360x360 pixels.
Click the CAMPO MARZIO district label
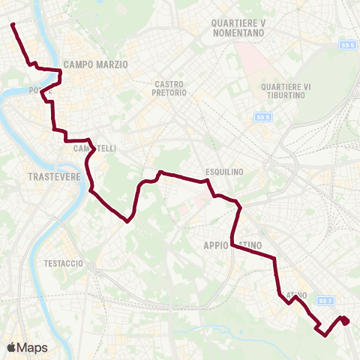click(x=96, y=64)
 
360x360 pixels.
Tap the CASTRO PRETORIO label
click(x=174, y=89)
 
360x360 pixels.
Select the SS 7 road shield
click(x=324, y=301)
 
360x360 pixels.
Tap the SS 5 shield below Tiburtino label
click(x=262, y=118)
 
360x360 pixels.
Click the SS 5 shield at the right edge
click(x=347, y=46)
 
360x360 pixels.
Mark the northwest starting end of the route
click(x=13, y=25)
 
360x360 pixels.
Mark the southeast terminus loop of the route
click(x=344, y=321)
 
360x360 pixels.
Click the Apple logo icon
click(x=12, y=347)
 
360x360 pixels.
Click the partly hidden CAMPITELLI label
click(x=94, y=148)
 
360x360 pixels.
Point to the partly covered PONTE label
click(x=36, y=91)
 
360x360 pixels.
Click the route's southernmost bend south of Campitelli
click(x=128, y=220)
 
